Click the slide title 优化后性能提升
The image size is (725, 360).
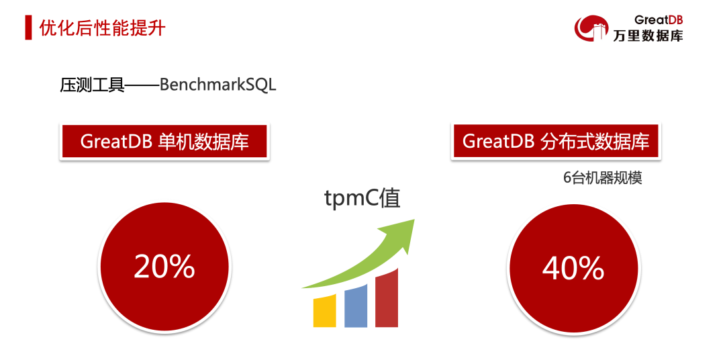(x=102, y=28)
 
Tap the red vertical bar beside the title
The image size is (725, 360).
(x=29, y=28)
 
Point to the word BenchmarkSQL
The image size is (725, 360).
(x=217, y=85)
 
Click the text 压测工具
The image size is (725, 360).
(x=92, y=85)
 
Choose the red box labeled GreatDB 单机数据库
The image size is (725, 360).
(x=164, y=142)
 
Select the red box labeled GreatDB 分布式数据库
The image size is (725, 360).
(x=556, y=142)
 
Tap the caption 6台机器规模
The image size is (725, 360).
(x=602, y=179)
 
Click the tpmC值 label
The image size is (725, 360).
(x=362, y=199)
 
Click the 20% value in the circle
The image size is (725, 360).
(x=164, y=267)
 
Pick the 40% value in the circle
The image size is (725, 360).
(x=573, y=269)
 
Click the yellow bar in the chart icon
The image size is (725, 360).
(x=325, y=312)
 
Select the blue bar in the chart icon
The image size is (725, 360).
(x=356, y=306)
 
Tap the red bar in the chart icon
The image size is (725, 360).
(x=387, y=298)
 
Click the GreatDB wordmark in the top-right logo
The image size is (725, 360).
(x=659, y=20)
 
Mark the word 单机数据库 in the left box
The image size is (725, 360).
(x=203, y=142)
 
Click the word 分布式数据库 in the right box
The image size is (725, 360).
(x=595, y=142)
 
